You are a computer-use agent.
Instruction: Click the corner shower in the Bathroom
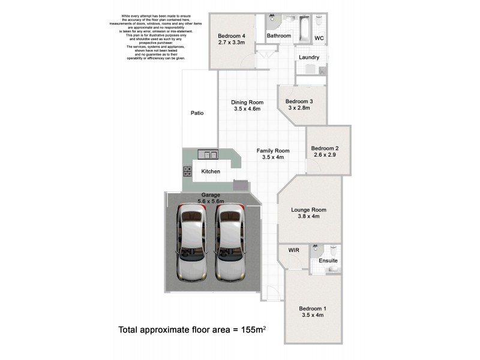(273, 20)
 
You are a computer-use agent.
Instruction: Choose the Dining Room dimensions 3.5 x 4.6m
(247, 109)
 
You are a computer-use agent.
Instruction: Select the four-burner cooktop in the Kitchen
(187, 172)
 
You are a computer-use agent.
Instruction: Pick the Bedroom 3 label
(299, 101)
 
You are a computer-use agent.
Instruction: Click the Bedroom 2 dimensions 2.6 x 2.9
(325, 155)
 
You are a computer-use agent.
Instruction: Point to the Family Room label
(273, 151)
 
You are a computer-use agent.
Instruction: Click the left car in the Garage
(190, 245)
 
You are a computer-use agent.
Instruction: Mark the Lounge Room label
(308, 209)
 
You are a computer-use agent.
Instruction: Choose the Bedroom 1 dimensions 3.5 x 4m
(312, 316)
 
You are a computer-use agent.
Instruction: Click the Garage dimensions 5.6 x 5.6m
(211, 202)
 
